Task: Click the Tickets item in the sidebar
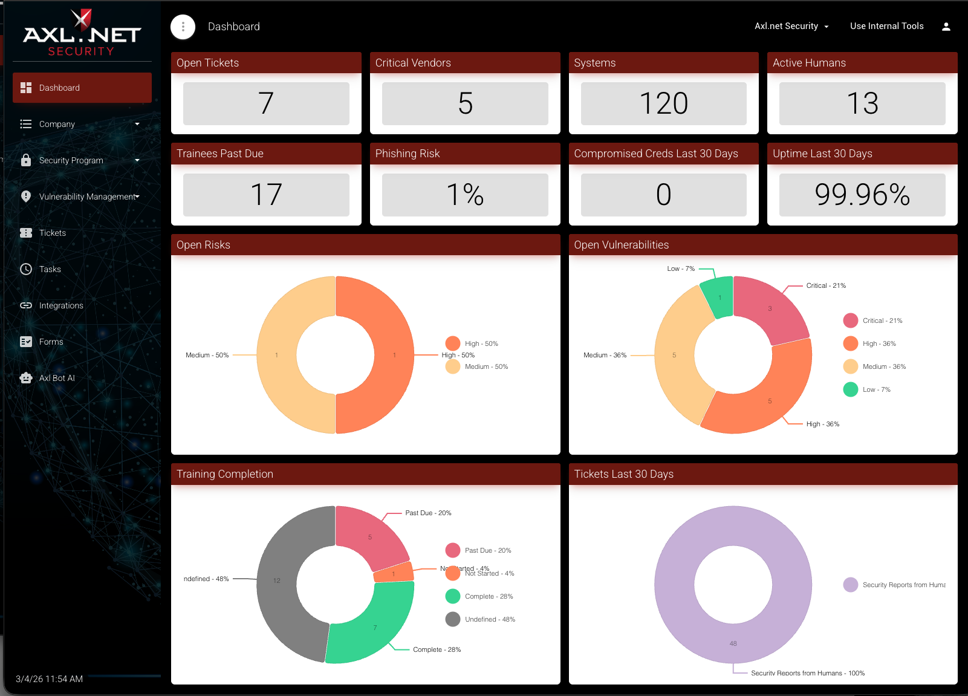click(52, 233)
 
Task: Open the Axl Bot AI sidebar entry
click(57, 378)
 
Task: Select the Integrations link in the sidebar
click(60, 305)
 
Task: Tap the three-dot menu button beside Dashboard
click(183, 27)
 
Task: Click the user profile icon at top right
click(946, 27)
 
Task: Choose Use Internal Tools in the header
click(886, 26)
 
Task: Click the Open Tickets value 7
click(266, 103)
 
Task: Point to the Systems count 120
click(663, 103)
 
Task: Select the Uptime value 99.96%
click(862, 195)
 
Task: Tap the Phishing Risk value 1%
click(464, 195)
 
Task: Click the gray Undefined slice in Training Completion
click(278, 581)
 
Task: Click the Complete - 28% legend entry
click(489, 596)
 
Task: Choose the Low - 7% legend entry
click(876, 389)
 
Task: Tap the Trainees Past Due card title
click(220, 154)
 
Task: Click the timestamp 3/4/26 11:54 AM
click(49, 679)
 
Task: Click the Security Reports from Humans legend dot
click(850, 585)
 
